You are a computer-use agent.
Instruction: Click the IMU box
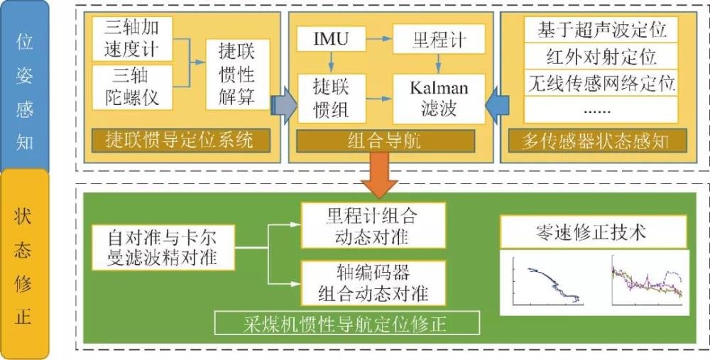click(332, 38)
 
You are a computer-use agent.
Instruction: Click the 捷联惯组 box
click(332, 98)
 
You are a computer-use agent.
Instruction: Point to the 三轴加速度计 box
click(131, 38)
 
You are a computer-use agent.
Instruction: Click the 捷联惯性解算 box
click(236, 74)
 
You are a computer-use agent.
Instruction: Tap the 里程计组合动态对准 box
click(372, 224)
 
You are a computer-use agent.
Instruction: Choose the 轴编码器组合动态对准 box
click(372, 283)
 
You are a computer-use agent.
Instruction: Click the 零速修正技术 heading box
click(593, 232)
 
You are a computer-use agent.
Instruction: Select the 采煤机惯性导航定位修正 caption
click(348, 324)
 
